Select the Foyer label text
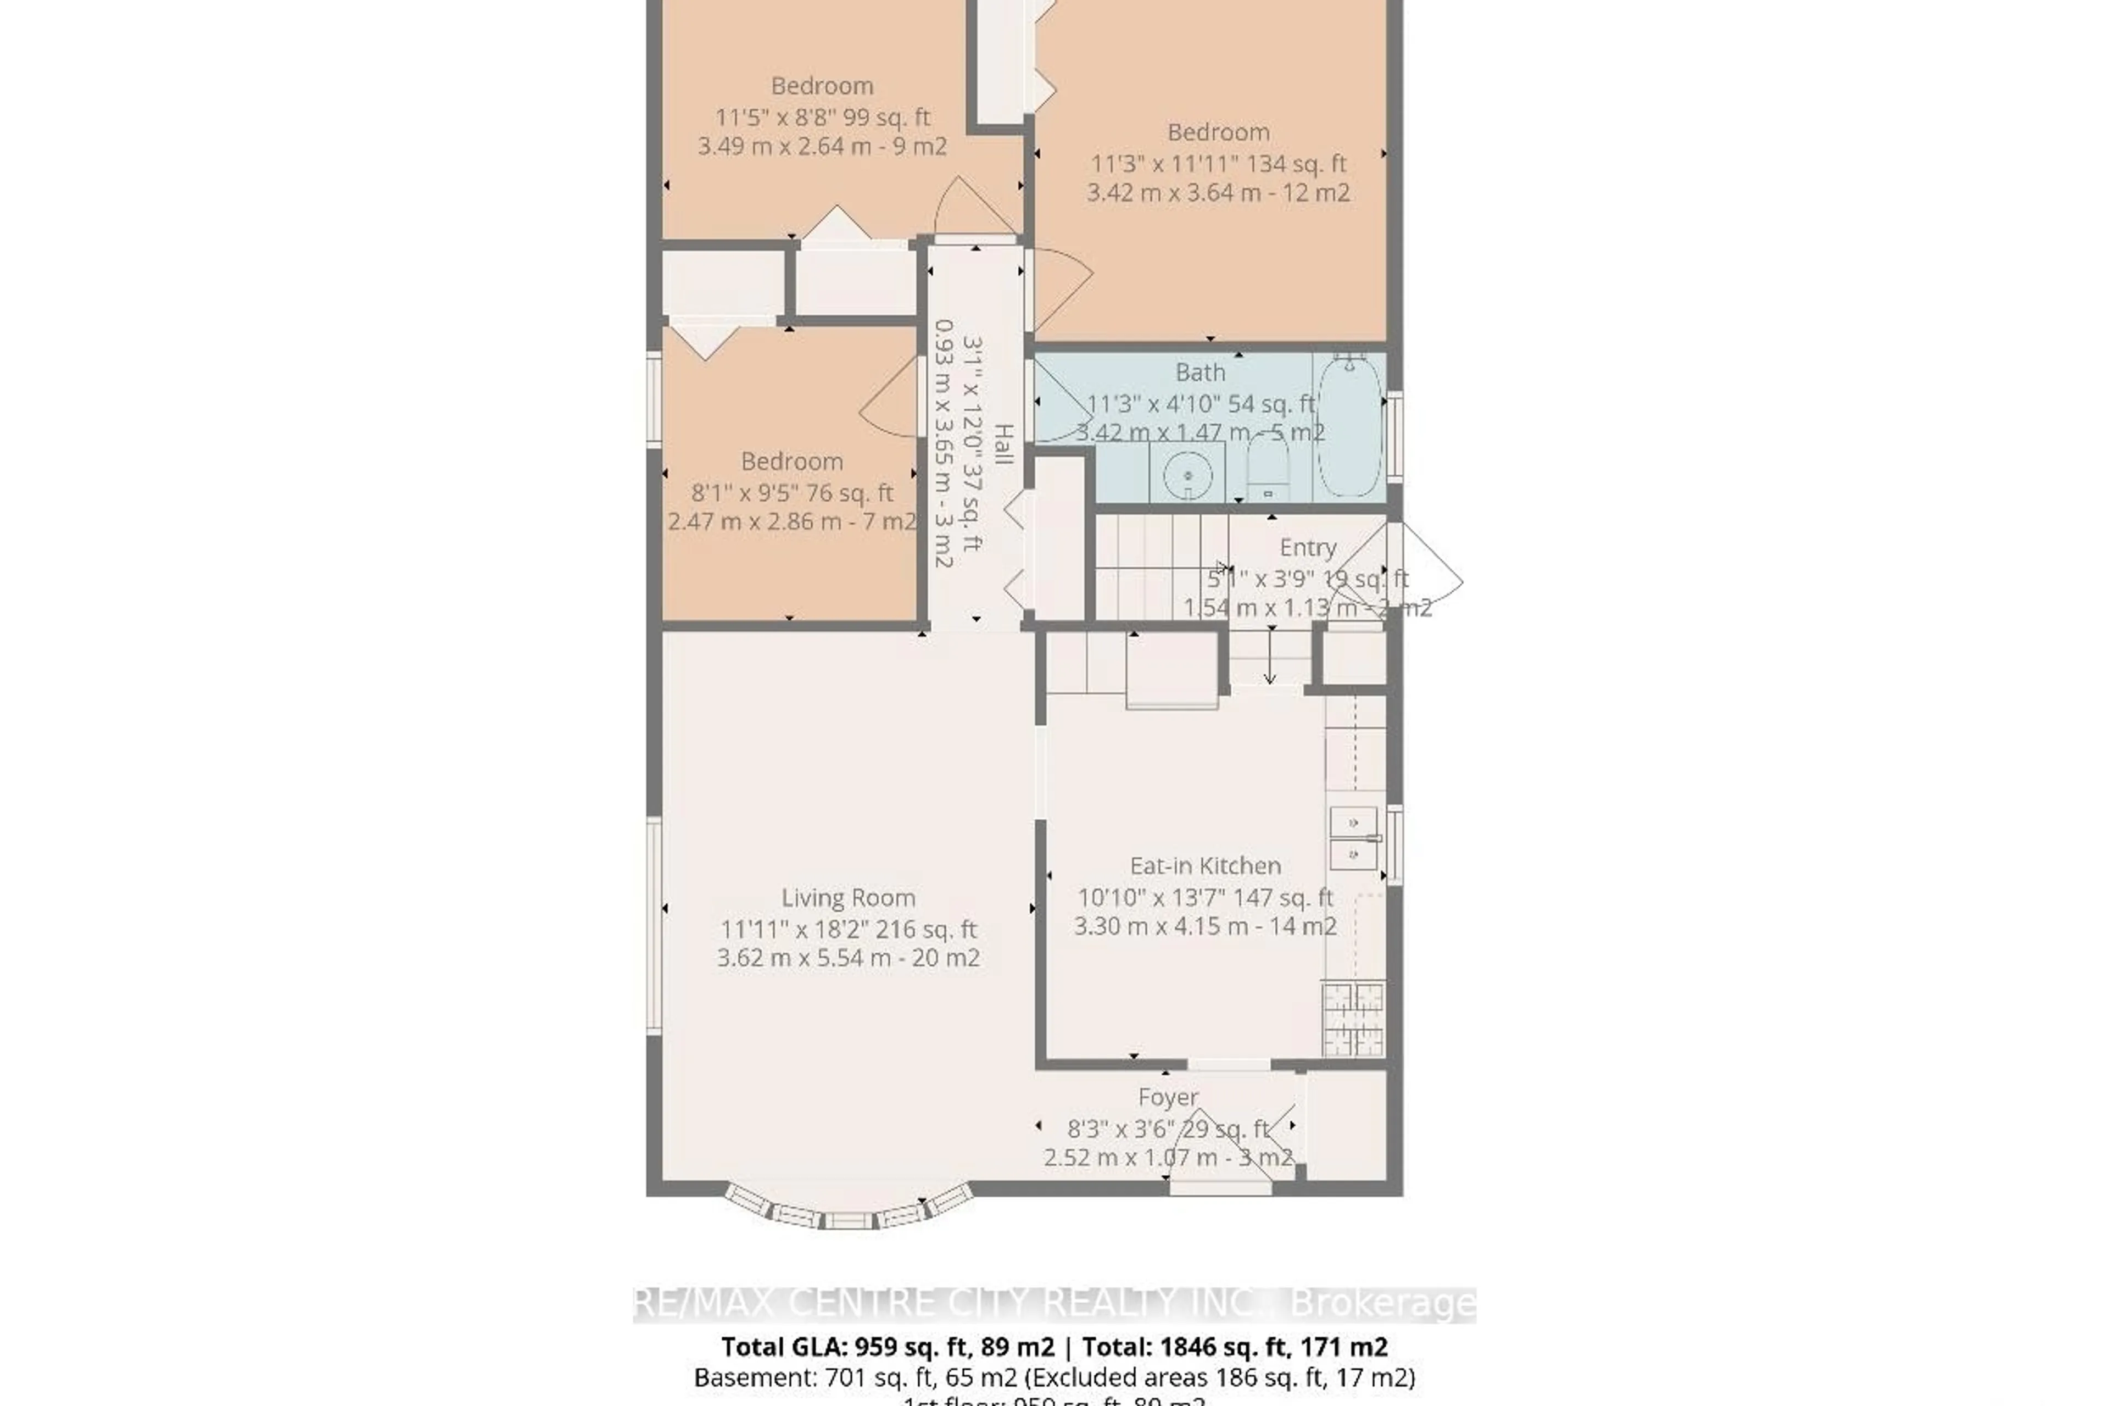pos(1167,1097)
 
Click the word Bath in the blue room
pos(1199,372)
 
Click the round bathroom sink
pos(1187,475)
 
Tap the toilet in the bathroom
pos(1268,471)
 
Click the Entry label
pos(1308,547)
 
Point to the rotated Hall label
pos(1004,444)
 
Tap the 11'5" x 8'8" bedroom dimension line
pos(822,116)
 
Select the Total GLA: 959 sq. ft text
pos(888,1347)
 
